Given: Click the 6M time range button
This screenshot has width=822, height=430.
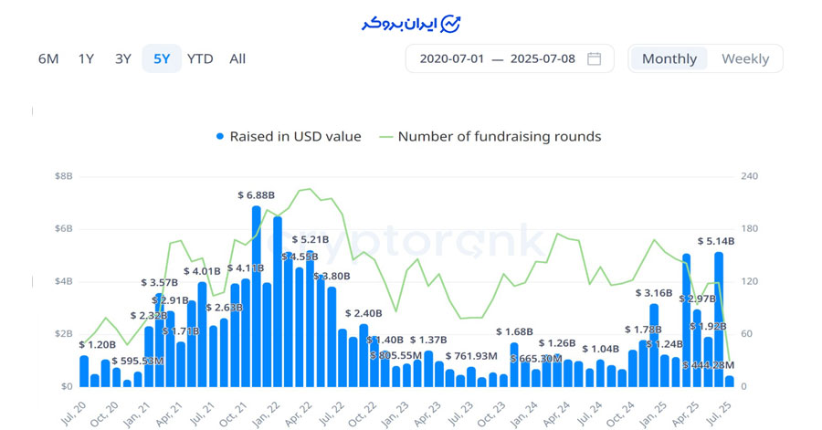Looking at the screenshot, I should click(48, 59).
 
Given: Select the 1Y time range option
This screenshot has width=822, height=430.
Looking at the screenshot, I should click(86, 59).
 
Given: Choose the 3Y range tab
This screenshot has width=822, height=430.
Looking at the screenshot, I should click(123, 59).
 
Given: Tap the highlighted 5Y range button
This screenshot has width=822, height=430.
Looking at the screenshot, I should click(162, 59).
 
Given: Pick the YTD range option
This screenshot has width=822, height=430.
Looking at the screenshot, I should click(200, 59).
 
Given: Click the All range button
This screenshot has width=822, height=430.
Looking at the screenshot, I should click(237, 59).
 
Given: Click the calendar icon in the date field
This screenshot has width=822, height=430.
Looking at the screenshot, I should click(594, 59).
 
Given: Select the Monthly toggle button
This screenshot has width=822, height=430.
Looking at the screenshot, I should click(669, 59).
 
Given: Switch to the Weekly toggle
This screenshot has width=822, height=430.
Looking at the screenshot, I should click(745, 59).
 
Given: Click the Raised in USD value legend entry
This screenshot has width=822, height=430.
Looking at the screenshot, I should click(289, 137).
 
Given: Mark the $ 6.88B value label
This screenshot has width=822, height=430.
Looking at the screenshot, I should click(256, 195).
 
